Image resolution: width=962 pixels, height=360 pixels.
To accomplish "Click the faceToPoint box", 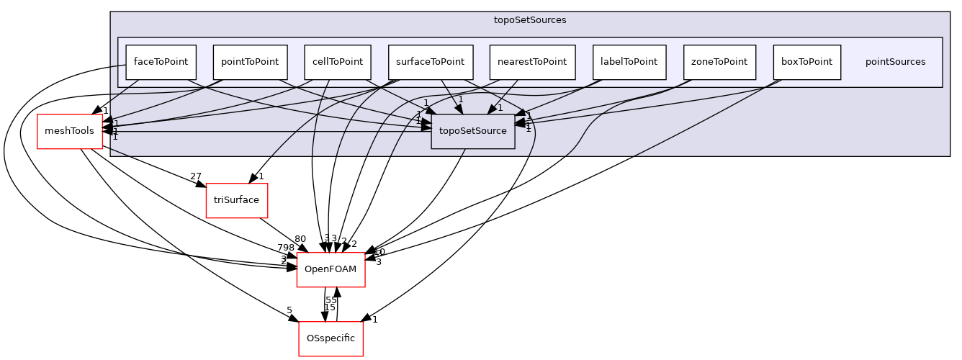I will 161,62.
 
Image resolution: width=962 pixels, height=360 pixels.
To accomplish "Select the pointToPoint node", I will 250,62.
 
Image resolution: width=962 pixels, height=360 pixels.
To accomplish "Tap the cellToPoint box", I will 337,62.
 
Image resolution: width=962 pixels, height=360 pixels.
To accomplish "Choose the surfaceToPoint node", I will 430,62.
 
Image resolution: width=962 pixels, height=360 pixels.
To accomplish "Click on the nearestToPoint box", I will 532,62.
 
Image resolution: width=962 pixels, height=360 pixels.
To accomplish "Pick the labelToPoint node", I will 629,62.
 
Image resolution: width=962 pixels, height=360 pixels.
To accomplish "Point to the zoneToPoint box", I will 719,62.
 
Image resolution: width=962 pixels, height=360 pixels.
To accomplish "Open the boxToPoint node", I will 806,62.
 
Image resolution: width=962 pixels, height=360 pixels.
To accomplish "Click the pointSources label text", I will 895,62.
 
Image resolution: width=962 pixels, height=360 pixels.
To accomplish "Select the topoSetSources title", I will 530,20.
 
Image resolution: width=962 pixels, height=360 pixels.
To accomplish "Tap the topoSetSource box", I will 472,131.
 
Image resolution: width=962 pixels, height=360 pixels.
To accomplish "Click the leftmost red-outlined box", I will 70,132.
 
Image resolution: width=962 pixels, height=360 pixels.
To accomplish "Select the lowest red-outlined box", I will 331,338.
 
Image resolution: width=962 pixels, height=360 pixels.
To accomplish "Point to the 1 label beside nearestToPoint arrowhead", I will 500,108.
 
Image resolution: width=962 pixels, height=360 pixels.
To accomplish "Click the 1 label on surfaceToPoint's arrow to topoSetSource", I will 461,99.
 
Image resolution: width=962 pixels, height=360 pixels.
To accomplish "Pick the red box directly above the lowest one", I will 331,270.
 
